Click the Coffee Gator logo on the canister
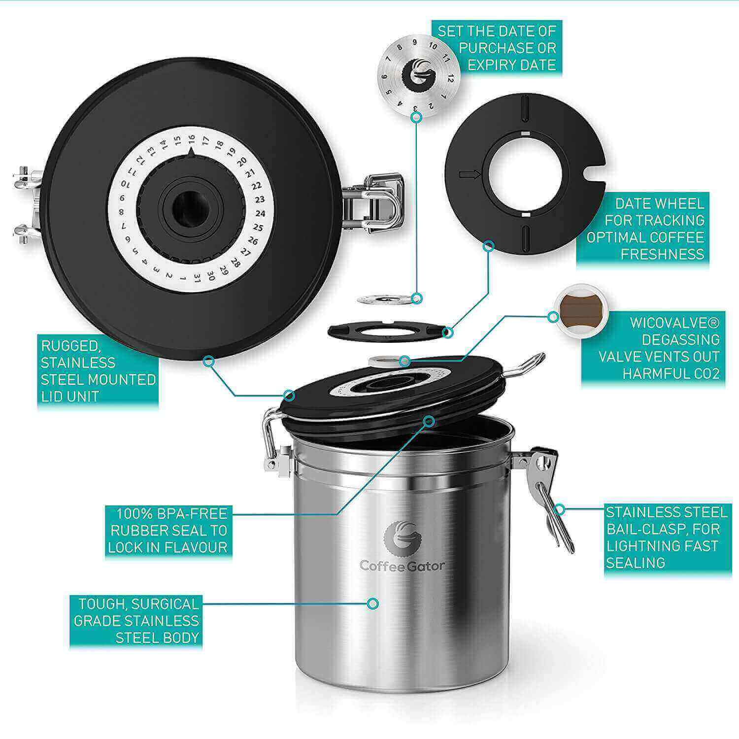402,545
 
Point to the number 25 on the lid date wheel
258,228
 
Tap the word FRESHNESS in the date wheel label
663,254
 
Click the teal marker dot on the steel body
373,603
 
